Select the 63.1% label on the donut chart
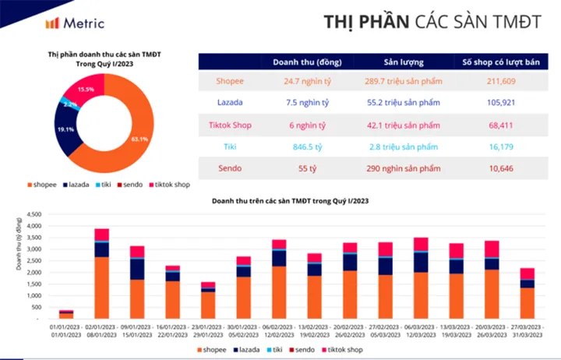[139, 139]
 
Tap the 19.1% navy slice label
[66, 129]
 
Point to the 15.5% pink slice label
[86, 90]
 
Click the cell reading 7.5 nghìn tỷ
[300, 102]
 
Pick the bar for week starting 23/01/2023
[208, 301]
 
